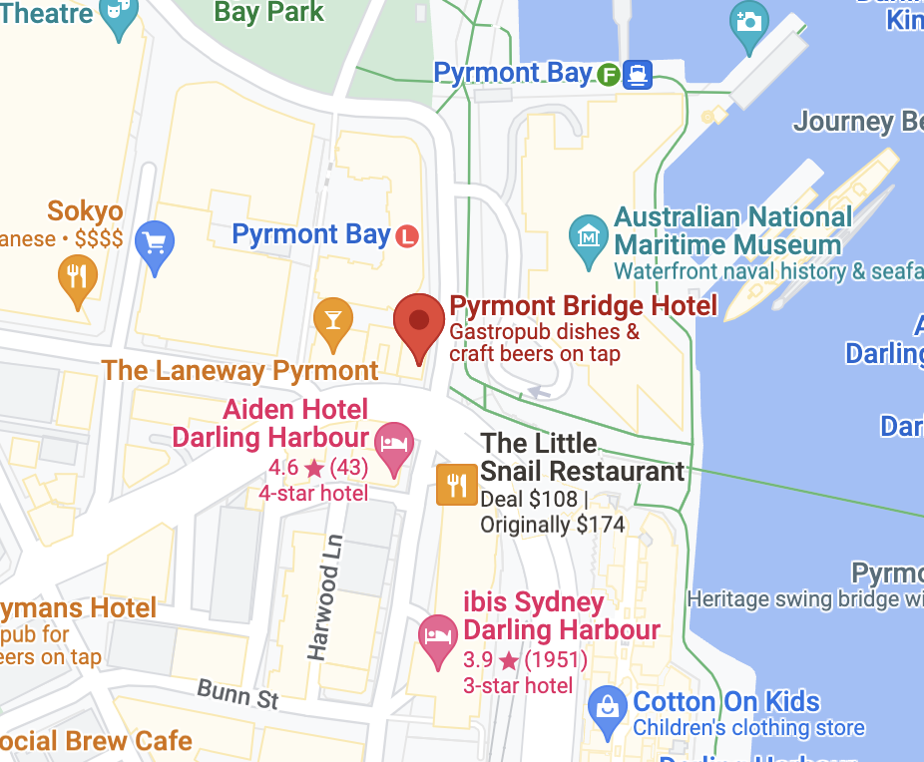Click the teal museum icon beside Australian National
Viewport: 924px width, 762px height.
pos(589,236)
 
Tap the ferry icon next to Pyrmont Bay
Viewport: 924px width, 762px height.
pos(638,74)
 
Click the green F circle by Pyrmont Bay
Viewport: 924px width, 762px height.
pos(609,74)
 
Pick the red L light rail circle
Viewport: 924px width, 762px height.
pos(406,236)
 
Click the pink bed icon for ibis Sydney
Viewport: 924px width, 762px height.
pos(437,633)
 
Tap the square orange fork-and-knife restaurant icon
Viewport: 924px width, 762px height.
pos(457,486)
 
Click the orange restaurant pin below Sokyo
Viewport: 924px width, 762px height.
pos(77,275)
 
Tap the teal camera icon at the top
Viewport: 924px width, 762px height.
pos(748,21)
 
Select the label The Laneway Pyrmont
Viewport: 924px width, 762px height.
pos(240,371)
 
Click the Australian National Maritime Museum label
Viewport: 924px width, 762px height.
pos(732,230)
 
